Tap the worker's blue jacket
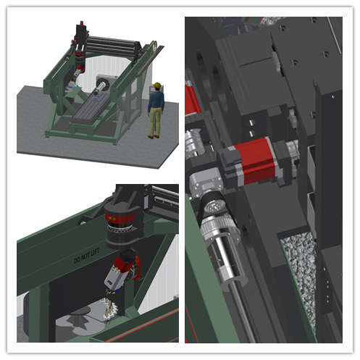click(156, 101)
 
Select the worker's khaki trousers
click(154, 123)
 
